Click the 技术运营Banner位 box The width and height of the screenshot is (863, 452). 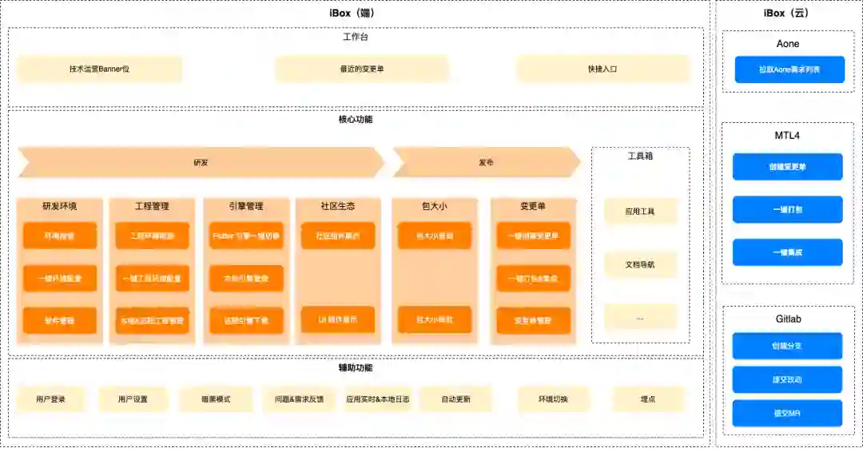click(x=99, y=69)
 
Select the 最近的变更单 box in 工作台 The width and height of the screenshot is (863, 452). click(x=362, y=69)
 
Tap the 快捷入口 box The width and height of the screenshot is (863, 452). click(x=602, y=69)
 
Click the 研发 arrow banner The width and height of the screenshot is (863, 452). click(x=201, y=162)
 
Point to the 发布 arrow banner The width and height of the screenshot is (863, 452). click(x=486, y=162)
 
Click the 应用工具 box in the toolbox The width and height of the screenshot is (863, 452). click(x=640, y=212)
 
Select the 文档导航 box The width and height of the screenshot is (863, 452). click(x=640, y=264)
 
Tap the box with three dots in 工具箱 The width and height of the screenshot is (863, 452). click(x=640, y=317)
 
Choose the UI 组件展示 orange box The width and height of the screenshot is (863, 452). click(x=338, y=319)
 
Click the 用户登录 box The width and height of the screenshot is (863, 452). click(x=50, y=399)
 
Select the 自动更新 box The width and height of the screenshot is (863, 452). click(x=455, y=399)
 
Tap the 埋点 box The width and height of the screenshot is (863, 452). click(x=648, y=399)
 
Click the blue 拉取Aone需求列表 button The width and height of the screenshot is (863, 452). click(x=789, y=69)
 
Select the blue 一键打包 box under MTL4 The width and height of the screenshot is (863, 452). click(x=788, y=209)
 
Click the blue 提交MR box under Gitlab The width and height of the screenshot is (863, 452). click(x=788, y=413)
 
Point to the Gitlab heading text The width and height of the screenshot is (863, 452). click(x=788, y=319)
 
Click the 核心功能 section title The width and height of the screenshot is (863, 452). click(x=355, y=120)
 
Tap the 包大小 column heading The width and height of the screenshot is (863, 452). click(x=434, y=206)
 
